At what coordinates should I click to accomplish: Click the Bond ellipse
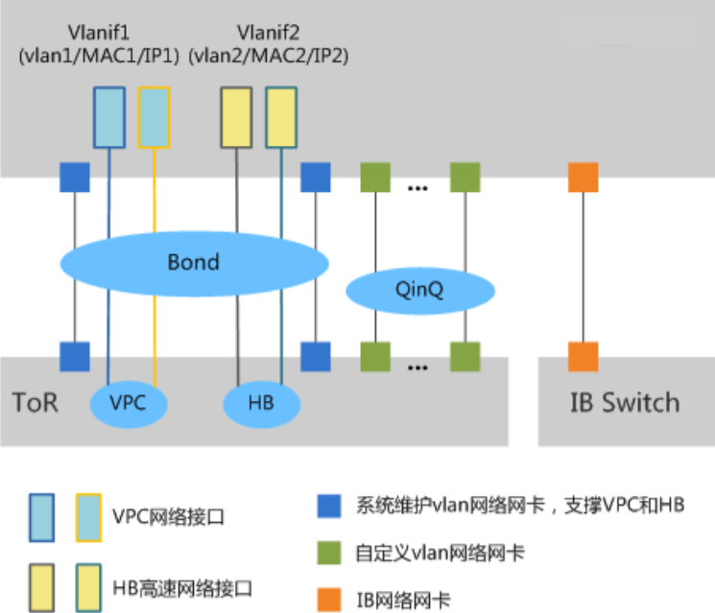tap(195, 261)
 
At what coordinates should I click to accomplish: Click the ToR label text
tap(36, 401)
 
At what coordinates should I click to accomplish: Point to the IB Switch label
tap(625, 402)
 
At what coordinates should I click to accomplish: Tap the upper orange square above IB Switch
tap(583, 177)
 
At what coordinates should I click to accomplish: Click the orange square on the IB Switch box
tap(583, 356)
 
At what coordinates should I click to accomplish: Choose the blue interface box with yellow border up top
tap(155, 117)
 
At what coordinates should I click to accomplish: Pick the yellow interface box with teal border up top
tap(281, 117)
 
